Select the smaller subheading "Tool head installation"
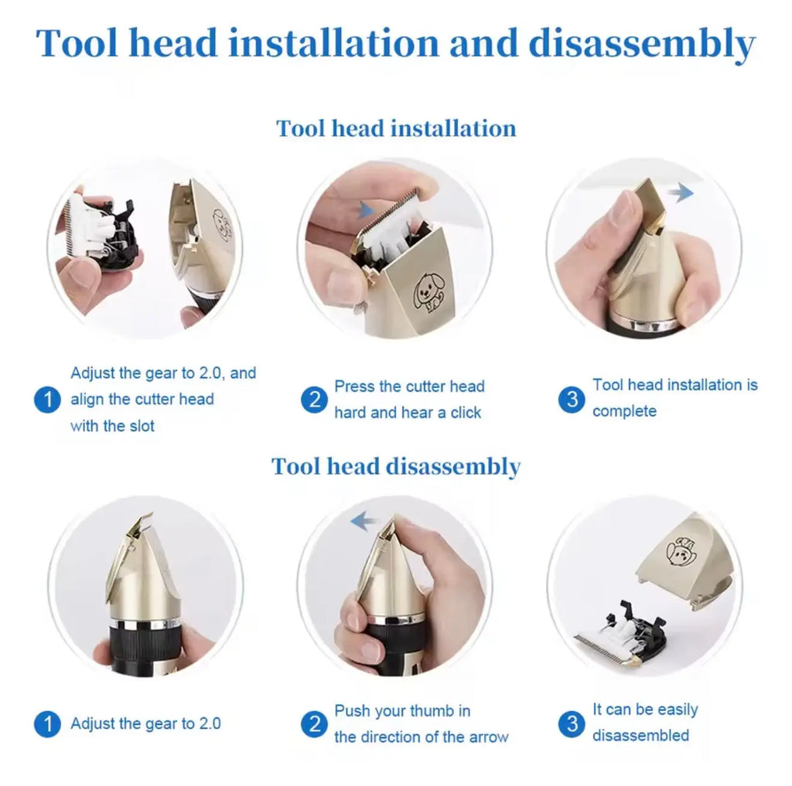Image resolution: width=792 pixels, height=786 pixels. [x=396, y=128]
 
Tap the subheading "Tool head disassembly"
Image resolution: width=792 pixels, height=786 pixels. [x=396, y=467]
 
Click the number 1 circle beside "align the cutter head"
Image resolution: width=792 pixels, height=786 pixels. [x=47, y=400]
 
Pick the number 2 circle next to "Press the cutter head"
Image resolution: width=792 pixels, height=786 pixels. [x=314, y=400]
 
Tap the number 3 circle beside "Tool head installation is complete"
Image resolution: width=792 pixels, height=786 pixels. [x=572, y=399]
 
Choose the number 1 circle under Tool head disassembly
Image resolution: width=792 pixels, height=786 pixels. [x=47, y=724]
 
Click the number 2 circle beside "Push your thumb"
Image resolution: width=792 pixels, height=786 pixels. [x=314, y=724]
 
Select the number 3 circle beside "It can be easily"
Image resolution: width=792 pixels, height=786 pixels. [x=572, y=723]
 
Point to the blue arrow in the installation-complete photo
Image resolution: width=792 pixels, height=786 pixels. [x=681, y=192]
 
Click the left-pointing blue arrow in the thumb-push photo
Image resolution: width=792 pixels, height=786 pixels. [x=364, y=522]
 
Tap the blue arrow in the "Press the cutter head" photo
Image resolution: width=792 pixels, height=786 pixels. [x=367, y=209]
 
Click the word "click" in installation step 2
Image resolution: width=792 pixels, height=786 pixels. [x=466, y=413]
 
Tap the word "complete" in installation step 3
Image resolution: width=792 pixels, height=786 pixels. [x=624, y=411]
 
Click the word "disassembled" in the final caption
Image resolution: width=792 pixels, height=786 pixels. [x=640, y=735]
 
